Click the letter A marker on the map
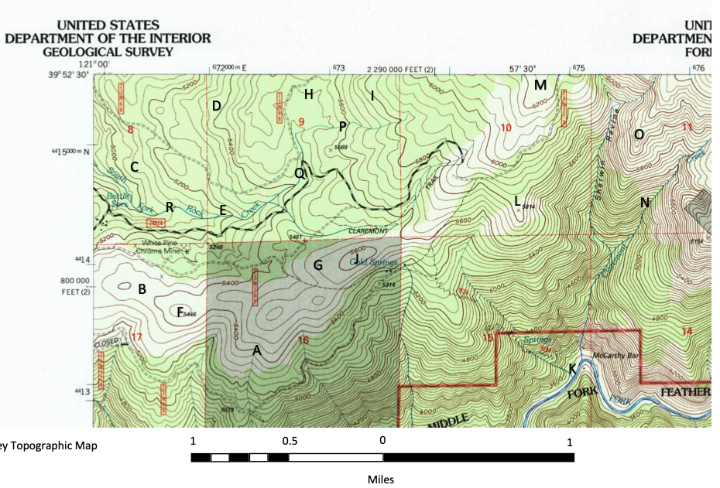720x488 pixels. point(256,350)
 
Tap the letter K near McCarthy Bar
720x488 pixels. point(572,369)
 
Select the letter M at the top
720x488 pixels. point(540,84)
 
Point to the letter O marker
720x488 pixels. point(639,134)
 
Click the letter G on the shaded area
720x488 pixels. point(317,264)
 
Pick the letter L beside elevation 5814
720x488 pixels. point(517,201)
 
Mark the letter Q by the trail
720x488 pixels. point(300,173)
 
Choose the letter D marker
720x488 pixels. point(217,106)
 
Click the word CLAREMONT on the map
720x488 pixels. point(368,230)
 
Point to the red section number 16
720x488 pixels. point(303,340)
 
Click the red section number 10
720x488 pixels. point(506,127)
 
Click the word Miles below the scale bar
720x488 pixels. point(381,479)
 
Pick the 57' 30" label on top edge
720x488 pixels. point(523,68)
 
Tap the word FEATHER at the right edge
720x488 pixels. point(686,392)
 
